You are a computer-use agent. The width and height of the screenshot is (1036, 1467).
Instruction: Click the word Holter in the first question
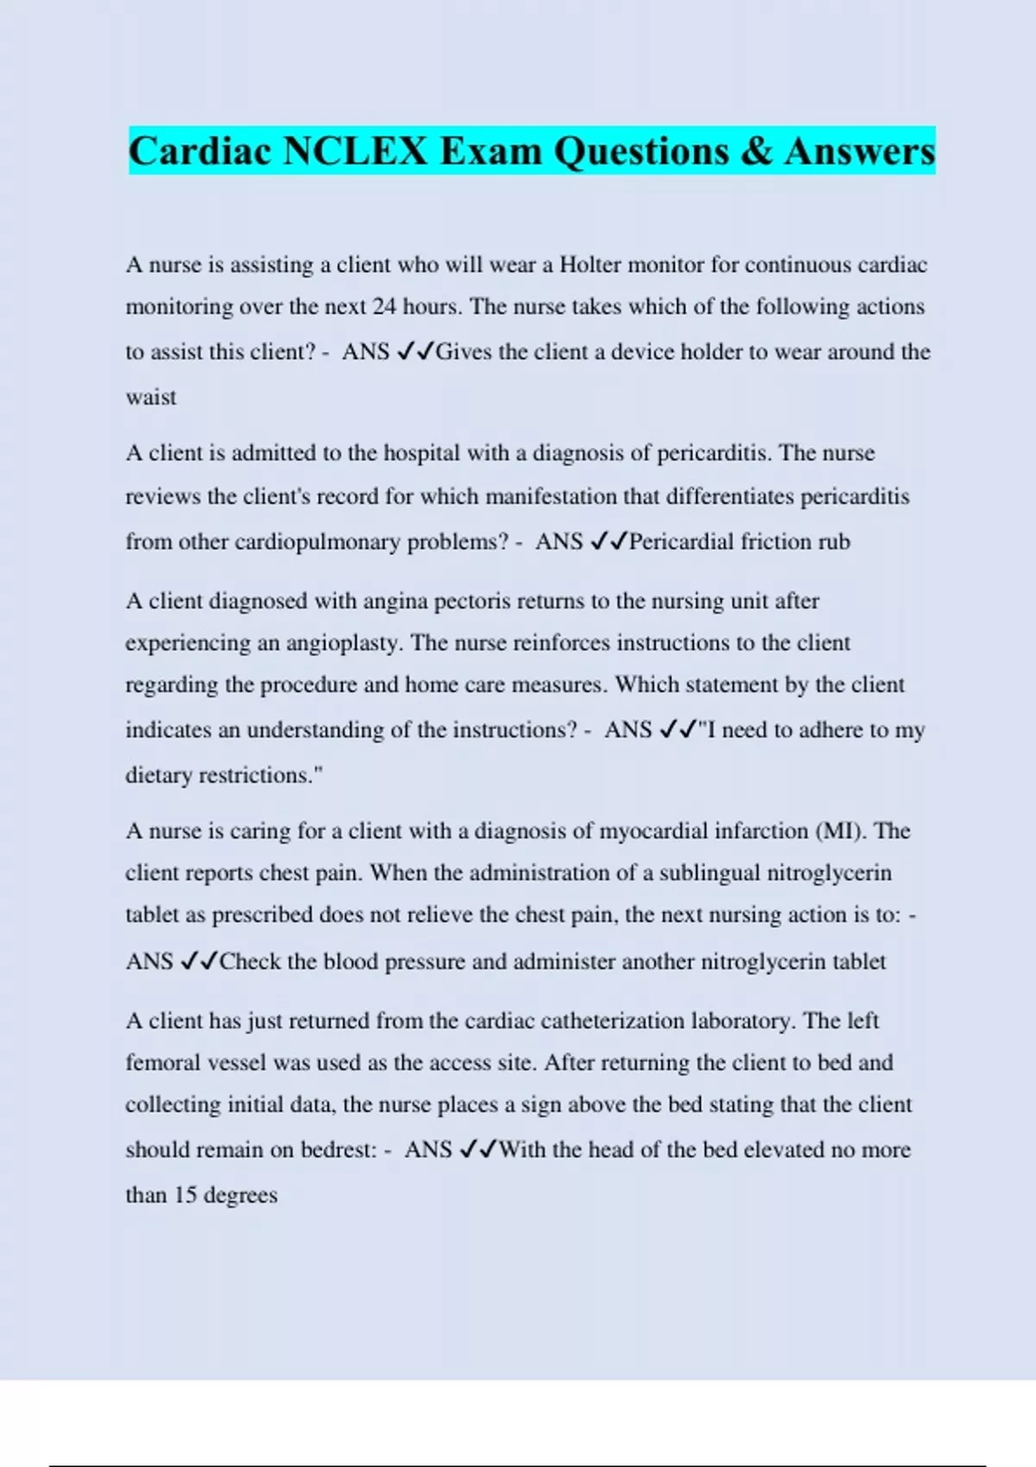pyautogui.click(x=590, y=264)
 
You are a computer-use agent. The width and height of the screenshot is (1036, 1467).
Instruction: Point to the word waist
pyautogui.click(x=151, y=398)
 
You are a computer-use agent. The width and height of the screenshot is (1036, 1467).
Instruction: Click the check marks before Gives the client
pyautogui.click(x=415, y=352)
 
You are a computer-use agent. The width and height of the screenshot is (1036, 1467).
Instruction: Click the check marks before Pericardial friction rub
pyautogui.click(x=609, y=542)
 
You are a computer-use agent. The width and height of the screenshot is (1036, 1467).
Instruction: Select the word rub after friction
pyautogui.click(x=832, y=542)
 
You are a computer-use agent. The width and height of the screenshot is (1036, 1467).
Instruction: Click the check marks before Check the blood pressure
pyautogui.click(x=199, y=961)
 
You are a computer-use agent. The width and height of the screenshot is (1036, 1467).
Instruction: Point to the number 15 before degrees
pyautogui.click(x=186, y=1195)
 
